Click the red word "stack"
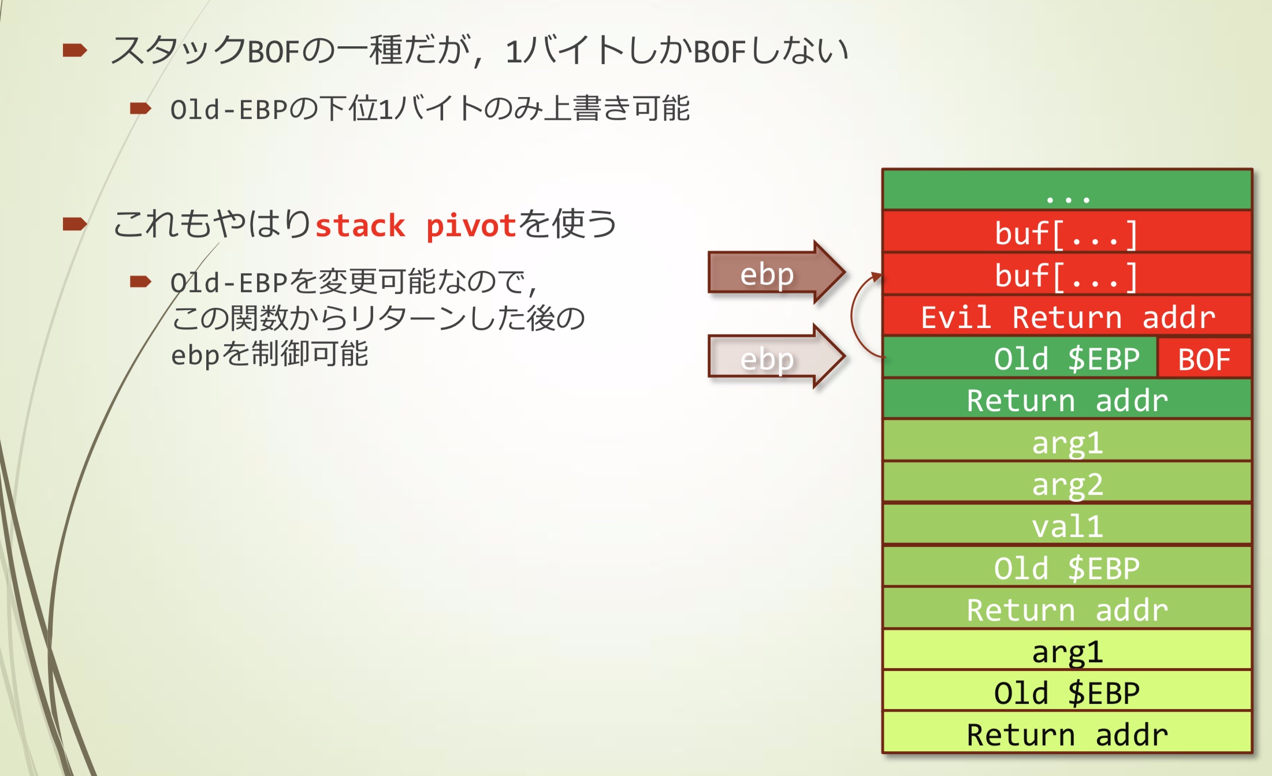pos(360,225)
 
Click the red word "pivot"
pos(471,225)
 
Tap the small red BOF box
pos(1204,359)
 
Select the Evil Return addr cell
pos(1067,317)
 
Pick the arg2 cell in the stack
pos(1067,484)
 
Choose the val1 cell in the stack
pos(1067,526)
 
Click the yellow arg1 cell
pos(1067,651)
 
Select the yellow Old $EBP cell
pos(1067,693)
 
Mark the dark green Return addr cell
pos(1067,400)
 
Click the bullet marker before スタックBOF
pos(75,50)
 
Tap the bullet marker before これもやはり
pos(75,224)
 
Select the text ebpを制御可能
pos(269,354)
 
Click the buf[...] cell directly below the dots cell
pos(1067,233)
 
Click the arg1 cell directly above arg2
pos(1067,442)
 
